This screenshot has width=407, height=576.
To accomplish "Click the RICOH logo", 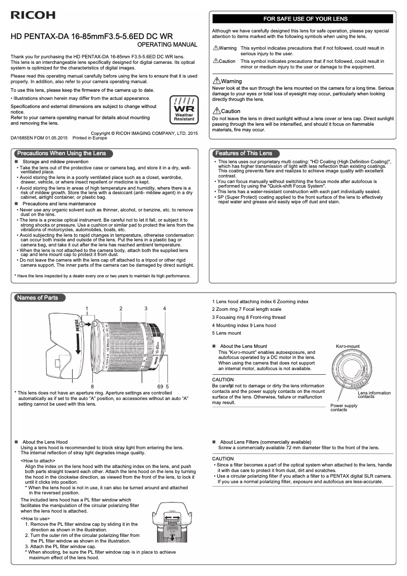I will point(33,16).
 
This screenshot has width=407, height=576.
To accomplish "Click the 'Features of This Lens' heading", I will point(244,153).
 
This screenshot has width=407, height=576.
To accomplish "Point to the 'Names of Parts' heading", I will point(38,298).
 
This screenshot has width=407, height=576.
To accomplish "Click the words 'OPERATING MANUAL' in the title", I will point(167,45).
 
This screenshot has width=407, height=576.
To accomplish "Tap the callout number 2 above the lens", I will point(121,308).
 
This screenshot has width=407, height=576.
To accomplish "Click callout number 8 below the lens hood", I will point(92,386).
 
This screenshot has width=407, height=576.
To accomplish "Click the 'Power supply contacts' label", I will point(344,408).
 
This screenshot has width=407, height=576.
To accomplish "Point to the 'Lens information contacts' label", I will point(374,395).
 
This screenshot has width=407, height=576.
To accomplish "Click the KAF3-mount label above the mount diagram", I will point(348,346).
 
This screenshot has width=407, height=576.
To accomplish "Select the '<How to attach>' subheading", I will point(38,461).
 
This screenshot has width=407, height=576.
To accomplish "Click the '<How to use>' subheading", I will point(35,519).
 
